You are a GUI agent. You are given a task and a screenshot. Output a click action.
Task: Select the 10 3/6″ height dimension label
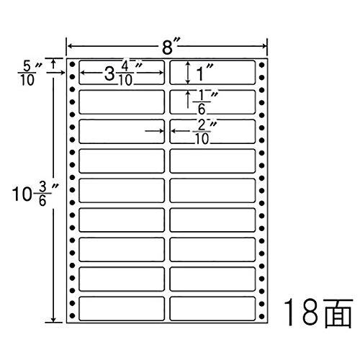[35, 194]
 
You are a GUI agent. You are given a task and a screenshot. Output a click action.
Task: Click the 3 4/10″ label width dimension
[122, 73]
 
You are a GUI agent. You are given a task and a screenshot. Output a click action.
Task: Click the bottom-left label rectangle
[122, 308]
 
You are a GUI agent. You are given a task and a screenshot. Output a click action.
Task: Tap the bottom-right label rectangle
[212, 308]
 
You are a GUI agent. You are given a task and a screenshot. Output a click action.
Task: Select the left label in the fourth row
[122, 161]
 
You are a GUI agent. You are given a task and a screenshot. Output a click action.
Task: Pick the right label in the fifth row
[212, 190]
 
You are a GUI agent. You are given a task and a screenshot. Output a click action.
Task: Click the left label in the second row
[122, 102]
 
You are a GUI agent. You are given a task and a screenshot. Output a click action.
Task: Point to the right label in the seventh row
[212, 249]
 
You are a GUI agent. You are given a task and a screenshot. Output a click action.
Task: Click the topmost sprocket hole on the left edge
[72, 65]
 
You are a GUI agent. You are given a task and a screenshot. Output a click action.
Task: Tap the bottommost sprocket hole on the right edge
[262, 316]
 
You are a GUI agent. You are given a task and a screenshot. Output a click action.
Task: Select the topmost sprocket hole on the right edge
[262, 65]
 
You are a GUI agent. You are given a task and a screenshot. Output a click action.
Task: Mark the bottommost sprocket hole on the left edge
[72, 316]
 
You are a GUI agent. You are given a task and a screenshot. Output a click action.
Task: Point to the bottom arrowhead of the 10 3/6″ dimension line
[53, 319]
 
